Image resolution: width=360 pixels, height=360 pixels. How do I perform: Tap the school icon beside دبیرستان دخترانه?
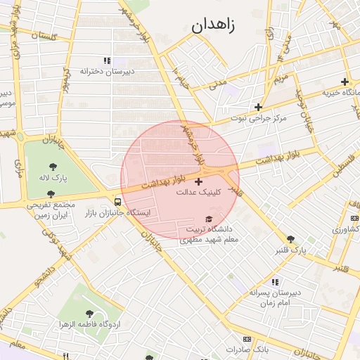[x=106, y=61]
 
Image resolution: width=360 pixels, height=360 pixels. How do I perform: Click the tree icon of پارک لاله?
[x=53, y=167]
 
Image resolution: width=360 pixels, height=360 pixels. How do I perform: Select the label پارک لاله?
[x=53, y=179]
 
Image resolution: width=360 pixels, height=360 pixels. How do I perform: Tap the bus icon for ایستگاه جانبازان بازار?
[x=117, y=202]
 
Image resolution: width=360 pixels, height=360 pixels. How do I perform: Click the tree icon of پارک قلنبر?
[x=291, y=239]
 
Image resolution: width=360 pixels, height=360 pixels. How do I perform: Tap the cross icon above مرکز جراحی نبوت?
[x=259, y=108]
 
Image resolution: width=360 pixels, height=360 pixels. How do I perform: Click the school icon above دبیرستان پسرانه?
[x=276, y=281]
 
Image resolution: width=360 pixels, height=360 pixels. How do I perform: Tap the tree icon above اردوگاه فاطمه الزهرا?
[x=89, y=314]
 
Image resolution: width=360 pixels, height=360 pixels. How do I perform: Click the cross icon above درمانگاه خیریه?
[x=344, y=82]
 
